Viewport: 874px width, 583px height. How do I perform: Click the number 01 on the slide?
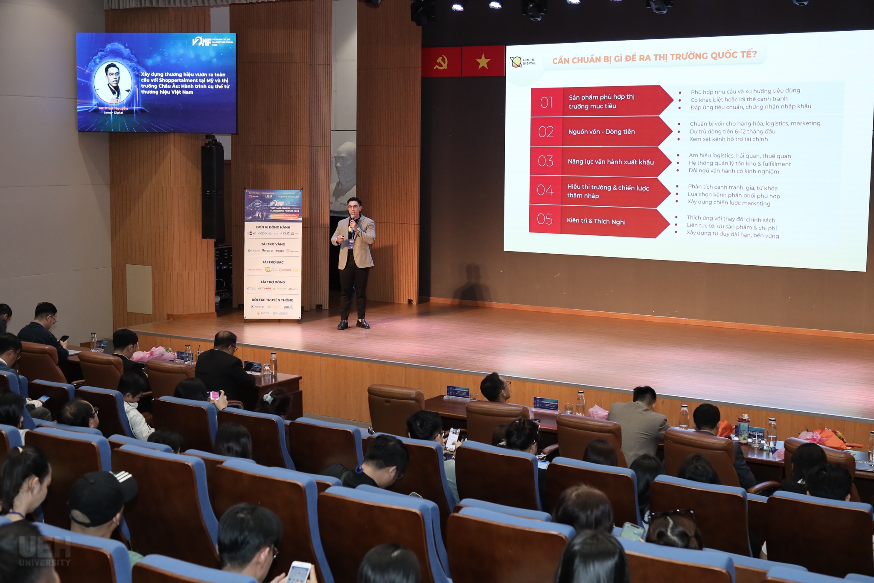coord(546,103)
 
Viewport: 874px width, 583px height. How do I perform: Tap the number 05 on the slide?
coord(545,219)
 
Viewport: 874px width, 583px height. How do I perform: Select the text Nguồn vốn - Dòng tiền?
coord(601,132)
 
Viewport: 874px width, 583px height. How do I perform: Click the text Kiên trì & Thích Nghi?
coord(596,221)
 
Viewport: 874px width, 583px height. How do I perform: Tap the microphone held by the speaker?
coord(352,220)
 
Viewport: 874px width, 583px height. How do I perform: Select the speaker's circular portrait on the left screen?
coord(113,82)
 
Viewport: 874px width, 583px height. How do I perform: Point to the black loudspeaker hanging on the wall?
coord(213,192)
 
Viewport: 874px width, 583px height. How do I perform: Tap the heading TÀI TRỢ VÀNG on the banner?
coord(273,244)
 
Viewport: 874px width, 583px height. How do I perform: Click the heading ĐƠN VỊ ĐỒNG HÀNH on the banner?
coord(273,227)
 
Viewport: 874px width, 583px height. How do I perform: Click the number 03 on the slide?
coord(545,161)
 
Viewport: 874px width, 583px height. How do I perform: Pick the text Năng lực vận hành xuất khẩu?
coord(610,162)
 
